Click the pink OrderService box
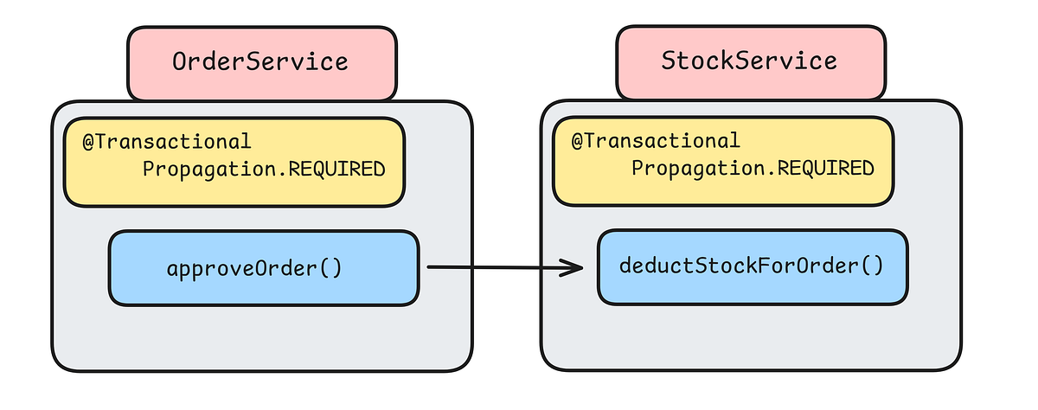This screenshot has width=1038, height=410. click(262, 63)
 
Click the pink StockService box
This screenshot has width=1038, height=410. click(751, 63)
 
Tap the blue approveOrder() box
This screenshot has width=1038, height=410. click(263, 267)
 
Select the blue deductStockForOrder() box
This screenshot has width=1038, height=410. click(753, 266)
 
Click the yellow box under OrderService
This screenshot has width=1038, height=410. click(234, 162)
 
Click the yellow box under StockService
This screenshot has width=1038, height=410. click(723, 162)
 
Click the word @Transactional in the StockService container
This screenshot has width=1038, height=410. click(656, 141)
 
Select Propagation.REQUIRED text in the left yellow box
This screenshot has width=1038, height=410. click(263, 169)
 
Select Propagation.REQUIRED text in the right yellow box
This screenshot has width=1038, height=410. click(753, 169)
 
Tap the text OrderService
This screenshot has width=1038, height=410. click(260, 62)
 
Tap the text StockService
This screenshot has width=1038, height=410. click(749, 61)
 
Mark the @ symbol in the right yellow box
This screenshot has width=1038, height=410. click(577, 141)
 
